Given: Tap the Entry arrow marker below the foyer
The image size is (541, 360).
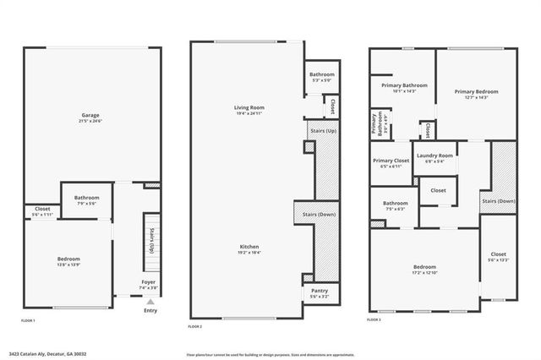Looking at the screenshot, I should coord(150,301).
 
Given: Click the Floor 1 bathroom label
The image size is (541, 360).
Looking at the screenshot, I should coord(86,198).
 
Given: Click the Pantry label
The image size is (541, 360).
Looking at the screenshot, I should coord(320,291).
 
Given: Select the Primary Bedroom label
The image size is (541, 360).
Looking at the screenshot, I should coord(476,91).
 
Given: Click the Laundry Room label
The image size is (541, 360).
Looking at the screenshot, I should coord(434,155).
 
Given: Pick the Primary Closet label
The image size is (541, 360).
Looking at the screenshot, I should coord(390,161).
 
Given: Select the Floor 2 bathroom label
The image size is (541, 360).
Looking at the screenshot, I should coord(322,75).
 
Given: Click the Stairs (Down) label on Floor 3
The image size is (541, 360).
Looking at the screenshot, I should coord(499,200).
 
